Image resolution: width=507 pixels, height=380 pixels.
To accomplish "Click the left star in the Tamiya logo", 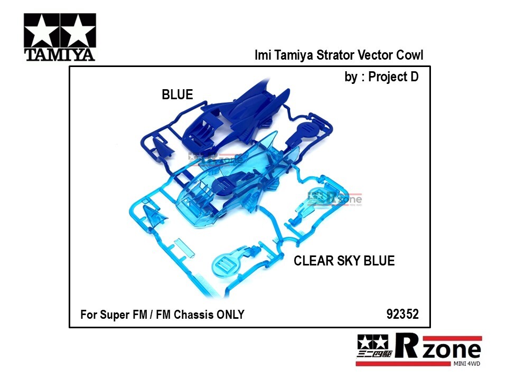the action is coord(42,31).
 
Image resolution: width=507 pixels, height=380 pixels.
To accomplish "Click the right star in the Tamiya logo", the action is coord(78,31).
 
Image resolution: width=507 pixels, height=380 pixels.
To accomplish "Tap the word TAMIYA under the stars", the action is coord(60,54).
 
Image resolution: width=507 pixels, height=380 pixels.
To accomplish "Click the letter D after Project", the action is coord(414,77).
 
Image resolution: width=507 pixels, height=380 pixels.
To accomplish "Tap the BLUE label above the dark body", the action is coord(177,94).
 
